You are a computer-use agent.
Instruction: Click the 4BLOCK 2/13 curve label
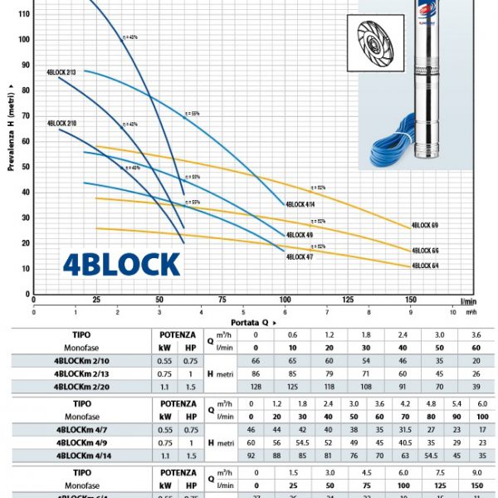pos(61,72)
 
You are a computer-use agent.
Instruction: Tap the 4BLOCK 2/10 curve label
pos(61,123)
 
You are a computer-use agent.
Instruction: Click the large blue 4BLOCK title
pos(121,264)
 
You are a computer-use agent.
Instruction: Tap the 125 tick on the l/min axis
pos(348,300)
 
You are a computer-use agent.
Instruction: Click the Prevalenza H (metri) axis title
pos(12,124)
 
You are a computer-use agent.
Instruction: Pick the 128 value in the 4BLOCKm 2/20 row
pos(256,386)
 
